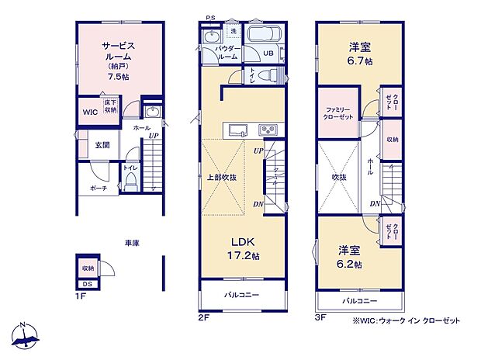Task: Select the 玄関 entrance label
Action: point(102,145)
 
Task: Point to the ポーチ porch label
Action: point(97,188)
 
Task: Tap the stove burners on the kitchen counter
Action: point(268,129)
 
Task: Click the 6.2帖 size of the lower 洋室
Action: point(350,264)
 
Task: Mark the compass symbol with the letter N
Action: point(26,335)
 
